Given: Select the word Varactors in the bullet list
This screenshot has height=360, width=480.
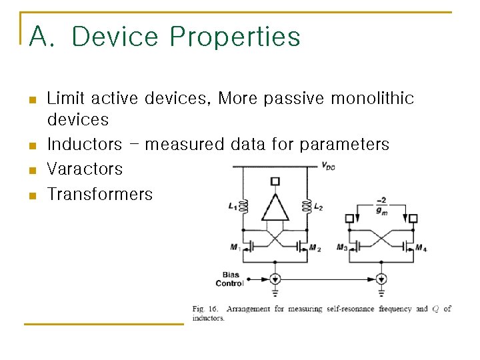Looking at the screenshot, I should [85, 169].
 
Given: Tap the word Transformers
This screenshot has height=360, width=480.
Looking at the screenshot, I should [100, 194].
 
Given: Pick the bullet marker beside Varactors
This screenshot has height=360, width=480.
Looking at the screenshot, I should [31, 170].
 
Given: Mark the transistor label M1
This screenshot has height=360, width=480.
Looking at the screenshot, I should [235, 247].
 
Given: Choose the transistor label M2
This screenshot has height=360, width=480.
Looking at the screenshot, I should [315, 248].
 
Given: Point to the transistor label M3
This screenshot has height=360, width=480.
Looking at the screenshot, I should [342, 247].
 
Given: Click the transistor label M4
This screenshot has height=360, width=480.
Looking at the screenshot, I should [421, 248].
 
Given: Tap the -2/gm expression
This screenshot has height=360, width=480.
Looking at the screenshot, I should [381, 205].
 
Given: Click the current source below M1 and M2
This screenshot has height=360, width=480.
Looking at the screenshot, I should [275, 279].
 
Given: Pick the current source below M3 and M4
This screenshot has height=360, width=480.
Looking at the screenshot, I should [381, 279].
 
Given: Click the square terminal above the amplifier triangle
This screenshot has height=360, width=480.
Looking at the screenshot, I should [275, 181].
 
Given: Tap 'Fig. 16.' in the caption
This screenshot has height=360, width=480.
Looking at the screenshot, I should [206, 309].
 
